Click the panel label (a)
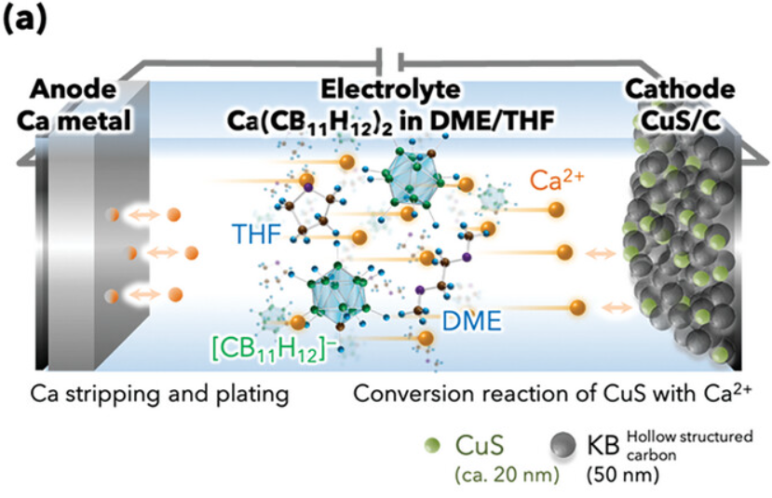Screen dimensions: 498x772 [x=24, y=20]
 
